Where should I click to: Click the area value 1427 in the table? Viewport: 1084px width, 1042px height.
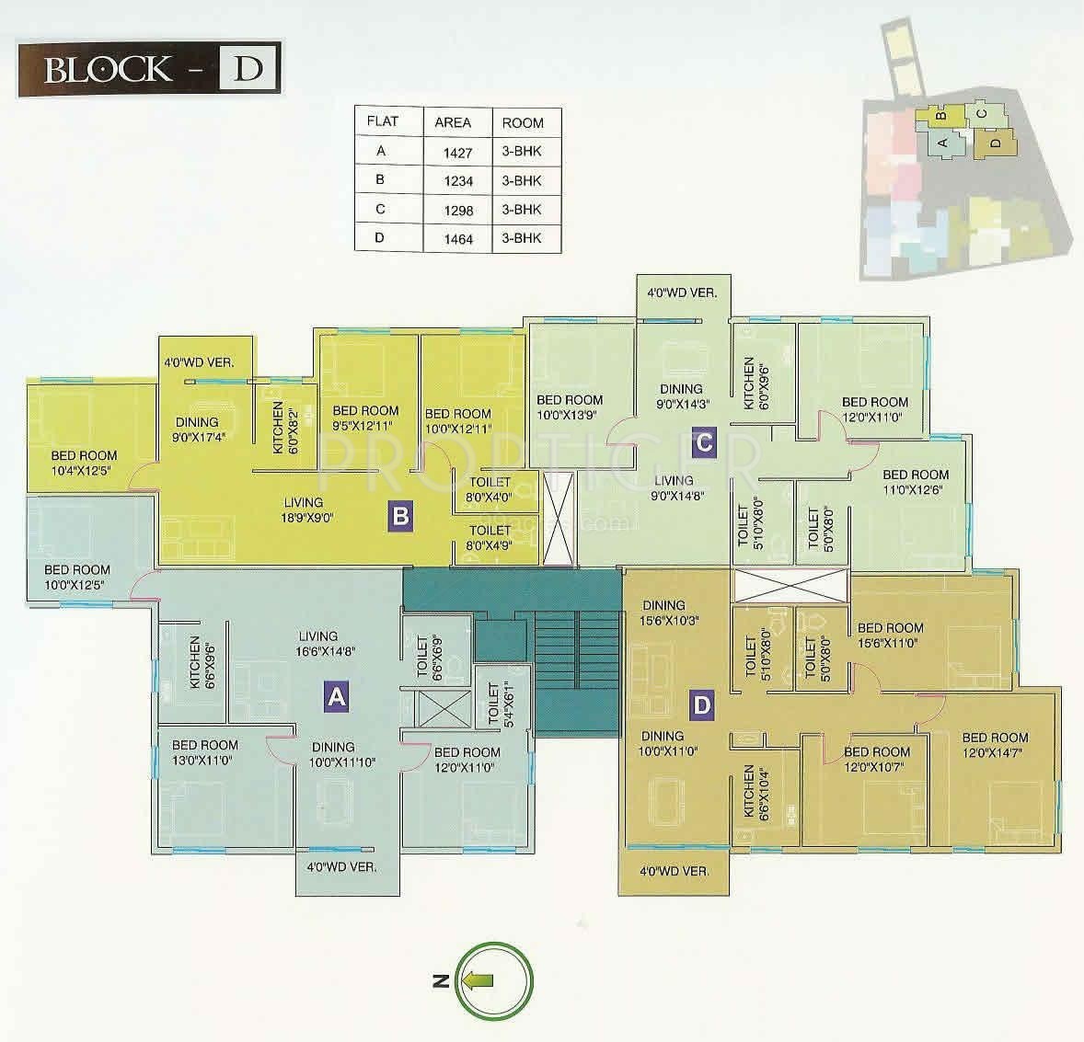pos(458,152)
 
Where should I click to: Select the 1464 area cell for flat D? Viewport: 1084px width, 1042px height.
pos(458,238)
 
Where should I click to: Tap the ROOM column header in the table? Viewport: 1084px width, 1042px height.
pos(523,122)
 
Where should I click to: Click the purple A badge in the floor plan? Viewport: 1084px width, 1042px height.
pos(337,698)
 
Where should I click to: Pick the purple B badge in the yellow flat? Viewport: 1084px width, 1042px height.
pos(399,516)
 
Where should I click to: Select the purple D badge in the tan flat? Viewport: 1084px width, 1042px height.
pos(702,705)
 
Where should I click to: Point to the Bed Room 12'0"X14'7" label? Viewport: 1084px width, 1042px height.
pos(995,745)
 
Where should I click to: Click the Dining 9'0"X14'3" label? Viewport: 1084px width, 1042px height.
pos(681,395)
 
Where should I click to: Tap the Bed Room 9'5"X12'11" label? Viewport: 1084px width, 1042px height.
pos(365,418)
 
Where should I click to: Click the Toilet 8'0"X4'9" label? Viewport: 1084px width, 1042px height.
pos(490,537)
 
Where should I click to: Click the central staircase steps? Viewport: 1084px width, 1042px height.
pos(576,648)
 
